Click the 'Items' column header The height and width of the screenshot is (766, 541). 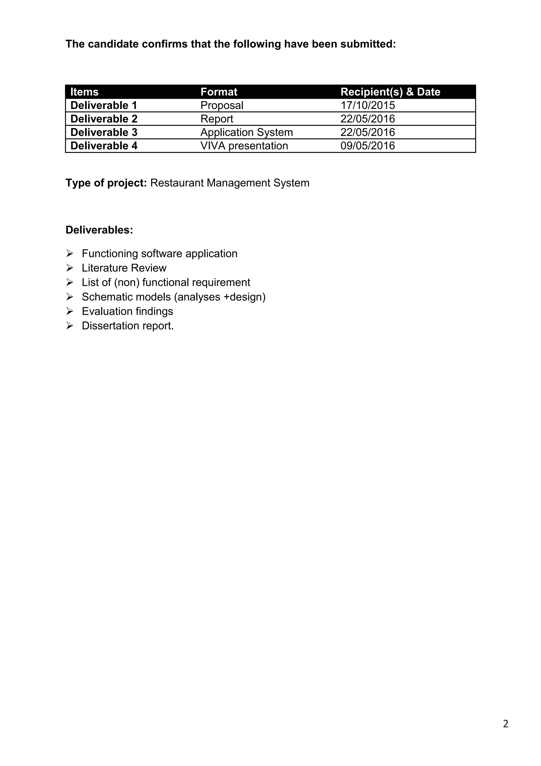point(84,92)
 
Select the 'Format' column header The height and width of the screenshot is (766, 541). point(219,92)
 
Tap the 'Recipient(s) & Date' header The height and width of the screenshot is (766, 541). point(390,92)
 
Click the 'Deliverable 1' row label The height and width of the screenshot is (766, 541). point(104,106)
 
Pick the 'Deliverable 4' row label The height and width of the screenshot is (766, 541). point(104,146)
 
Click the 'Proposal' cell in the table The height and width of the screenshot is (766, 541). point(222,106)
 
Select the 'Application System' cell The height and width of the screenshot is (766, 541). point(246,133)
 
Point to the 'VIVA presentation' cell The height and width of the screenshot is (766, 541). point(244,146)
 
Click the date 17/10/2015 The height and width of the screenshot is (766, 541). point(367,106)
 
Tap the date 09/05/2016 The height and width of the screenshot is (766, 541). point(367,146)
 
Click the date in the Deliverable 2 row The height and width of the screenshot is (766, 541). point(367,119)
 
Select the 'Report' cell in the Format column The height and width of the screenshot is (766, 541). point(217,119)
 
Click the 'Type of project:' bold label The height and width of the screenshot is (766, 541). point(106,183)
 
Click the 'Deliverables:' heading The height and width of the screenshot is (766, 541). point(99,230)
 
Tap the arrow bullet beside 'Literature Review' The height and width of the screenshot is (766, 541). point(70,268)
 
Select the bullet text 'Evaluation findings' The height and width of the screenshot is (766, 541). point(127,311)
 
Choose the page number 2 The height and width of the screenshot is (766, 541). point(505,724)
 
